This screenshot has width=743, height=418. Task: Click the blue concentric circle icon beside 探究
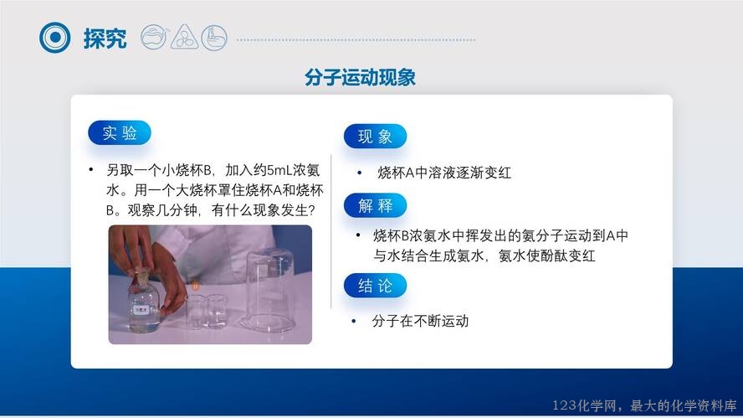pos(55,38)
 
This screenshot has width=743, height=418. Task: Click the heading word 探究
pos(105,38)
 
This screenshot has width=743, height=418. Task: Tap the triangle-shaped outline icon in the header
pos(185,37)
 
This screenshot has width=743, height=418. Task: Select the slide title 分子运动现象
pos(360,77)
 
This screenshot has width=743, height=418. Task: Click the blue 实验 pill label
pos(120,133)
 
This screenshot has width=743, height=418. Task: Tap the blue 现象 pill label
pos(375,137)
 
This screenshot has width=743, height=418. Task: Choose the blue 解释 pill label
pos(375,205)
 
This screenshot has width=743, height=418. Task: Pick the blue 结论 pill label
pos(375,286)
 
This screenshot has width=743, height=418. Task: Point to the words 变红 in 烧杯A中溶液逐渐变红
pos(498,173)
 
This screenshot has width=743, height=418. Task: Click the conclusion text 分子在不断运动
pos(420,321)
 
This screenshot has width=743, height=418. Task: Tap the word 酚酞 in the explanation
pos(554,255)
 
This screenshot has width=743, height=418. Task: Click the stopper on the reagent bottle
pos(141,276)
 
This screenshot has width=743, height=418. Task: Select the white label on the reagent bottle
pos(141,310)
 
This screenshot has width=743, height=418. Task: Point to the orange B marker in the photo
pos(195,286)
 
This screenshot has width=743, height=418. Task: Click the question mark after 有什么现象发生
pos(311,209)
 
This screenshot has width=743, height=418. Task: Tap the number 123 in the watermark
pos(564,405)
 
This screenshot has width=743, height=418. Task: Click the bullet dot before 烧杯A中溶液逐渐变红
pos(360,173)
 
